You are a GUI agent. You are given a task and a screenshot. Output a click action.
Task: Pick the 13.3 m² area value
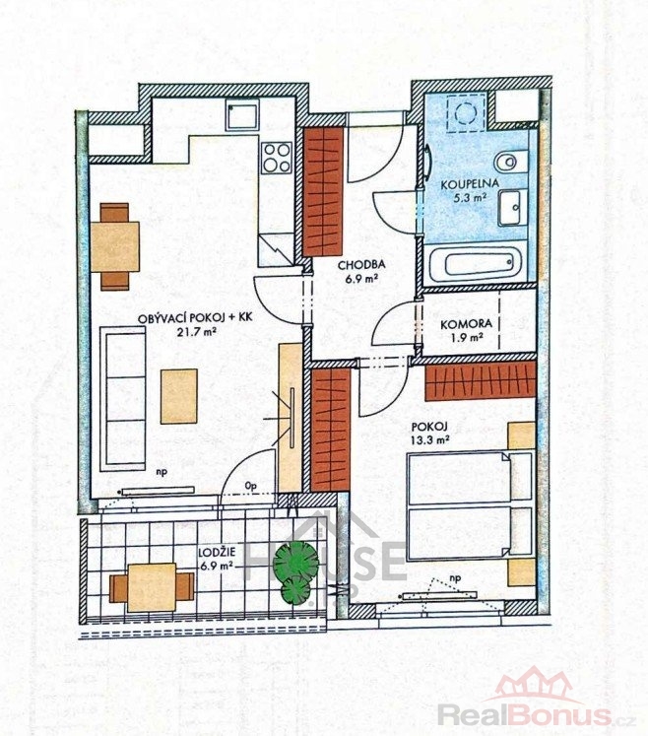coord(430,440)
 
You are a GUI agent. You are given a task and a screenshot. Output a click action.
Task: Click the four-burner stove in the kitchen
coord(277,157)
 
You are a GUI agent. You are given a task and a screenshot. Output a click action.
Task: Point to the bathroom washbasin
coord(512,208)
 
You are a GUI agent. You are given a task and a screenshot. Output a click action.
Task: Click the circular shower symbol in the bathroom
coord(467,112)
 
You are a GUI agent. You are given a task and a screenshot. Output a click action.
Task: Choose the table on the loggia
coord(152,587)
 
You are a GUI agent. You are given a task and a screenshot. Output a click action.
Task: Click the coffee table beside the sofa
coord(179,396)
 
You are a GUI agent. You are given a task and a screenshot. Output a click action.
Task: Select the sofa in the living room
coord(122,398)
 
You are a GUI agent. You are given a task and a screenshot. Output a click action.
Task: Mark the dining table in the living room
coord(115,247)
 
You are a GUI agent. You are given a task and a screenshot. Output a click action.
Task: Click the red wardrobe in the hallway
coord(323,191)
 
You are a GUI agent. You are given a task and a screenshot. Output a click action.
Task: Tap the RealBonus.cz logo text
coord(537,715)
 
